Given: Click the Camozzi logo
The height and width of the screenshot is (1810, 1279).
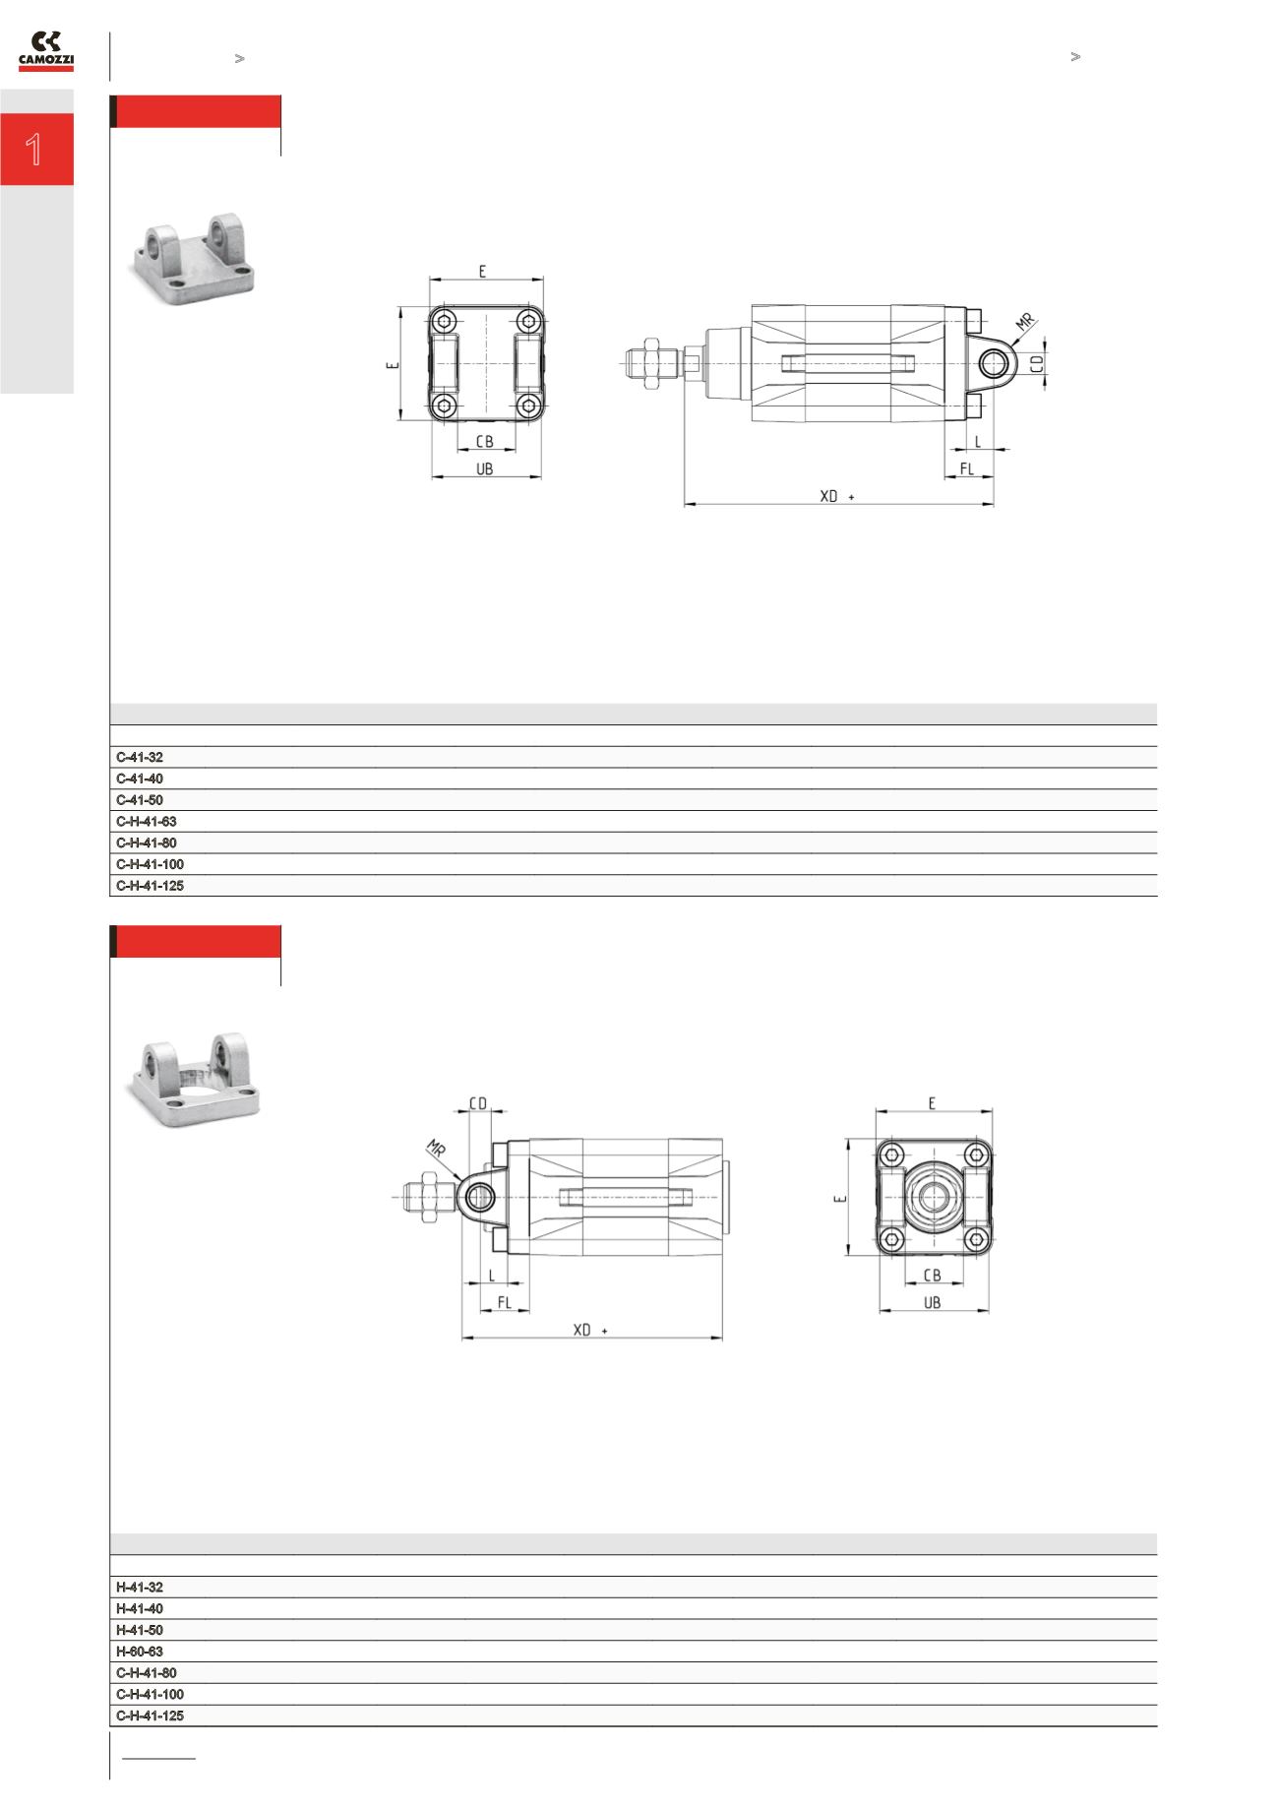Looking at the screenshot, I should tap(46, 51).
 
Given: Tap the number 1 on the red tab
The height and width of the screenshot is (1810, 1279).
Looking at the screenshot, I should tap(35, 150).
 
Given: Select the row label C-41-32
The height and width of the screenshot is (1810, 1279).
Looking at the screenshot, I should tap(140, 758).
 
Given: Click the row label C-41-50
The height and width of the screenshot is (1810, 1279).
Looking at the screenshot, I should tap(140, 800).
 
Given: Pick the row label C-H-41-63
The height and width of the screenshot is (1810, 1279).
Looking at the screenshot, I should tap(147, 822).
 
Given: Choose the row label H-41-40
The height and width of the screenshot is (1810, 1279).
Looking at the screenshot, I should tap(140, 1608).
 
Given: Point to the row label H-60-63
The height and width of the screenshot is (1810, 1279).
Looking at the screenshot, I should tap(140, 1651).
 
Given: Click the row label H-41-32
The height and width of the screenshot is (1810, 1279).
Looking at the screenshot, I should tap(140, 1587).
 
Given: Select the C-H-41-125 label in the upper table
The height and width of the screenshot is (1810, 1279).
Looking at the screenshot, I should tap(150, 886).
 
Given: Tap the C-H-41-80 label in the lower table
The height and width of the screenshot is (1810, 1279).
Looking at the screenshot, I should tap(147, 1672).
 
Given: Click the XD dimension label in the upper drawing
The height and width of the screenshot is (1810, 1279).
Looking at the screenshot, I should tap(829, 497).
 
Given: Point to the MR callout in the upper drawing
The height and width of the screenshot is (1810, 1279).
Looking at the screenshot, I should tap(1025, 322).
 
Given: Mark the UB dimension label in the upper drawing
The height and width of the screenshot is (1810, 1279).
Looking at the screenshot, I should tap(485, 470).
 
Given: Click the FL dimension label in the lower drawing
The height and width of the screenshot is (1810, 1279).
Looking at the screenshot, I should tap(505, 1302).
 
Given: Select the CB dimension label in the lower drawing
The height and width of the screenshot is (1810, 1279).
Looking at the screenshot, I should tap(933, 1276).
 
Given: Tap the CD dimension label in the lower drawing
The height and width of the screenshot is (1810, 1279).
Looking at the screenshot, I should tap(477, 1104).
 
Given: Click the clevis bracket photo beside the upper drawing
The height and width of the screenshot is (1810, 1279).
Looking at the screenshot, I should tap(193, 261).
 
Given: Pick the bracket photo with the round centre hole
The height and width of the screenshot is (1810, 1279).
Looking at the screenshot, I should tap(195, 1078).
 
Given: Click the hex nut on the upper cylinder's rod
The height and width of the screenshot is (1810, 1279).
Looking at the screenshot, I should tap(650, 363).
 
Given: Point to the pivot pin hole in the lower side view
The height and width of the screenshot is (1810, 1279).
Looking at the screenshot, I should tap(480, 1197).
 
